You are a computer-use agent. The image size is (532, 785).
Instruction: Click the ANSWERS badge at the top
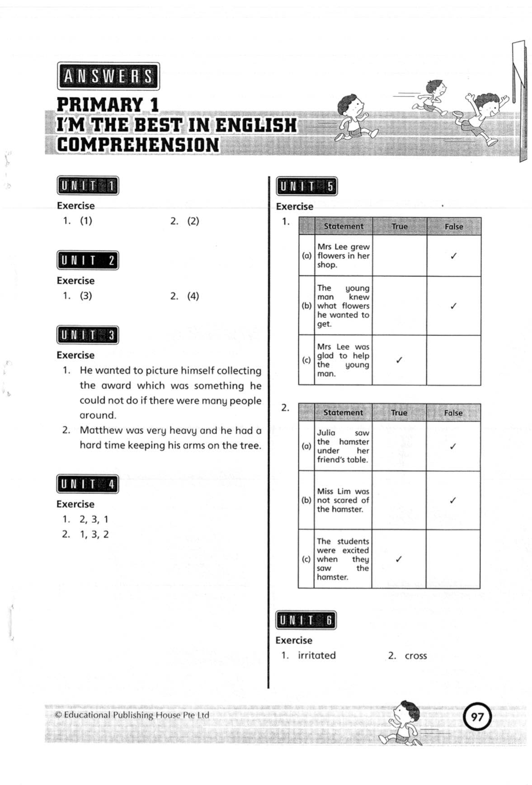coord(108,76)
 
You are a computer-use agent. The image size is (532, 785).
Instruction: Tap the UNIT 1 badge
coord(88,186)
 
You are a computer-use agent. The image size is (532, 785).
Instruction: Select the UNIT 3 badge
coord(88,336)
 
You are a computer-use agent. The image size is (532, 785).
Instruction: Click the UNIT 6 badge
coord(306,620)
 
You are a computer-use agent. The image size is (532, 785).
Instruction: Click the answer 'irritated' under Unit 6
coord(316,655)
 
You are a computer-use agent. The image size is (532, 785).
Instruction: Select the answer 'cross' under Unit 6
coord(415,656)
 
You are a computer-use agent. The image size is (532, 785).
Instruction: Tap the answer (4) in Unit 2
coord(193,296)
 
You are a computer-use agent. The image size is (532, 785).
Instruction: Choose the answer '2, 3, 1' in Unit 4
coord(94,519)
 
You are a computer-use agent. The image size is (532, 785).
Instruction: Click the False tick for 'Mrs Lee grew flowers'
coord(453,256)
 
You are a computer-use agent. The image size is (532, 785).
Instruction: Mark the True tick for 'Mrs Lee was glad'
coord(399,360)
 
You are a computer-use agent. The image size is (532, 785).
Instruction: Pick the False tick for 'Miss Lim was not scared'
coord(452,500)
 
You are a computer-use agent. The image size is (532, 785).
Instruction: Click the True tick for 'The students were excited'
coord(398,559)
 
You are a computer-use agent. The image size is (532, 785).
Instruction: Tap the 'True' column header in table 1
coord(399,226)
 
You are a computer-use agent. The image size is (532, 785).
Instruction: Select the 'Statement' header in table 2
coord(343,412)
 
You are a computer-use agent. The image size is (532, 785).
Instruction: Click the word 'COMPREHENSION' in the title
coord(138,145)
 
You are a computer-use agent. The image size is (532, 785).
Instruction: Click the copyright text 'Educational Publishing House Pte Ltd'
coord(136,715)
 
